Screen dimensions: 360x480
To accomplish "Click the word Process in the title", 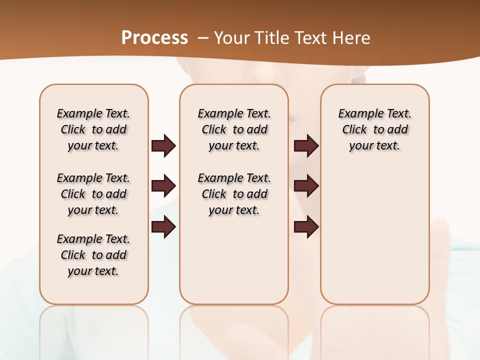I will [154, 37].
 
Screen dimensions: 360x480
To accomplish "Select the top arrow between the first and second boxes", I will [163, 145].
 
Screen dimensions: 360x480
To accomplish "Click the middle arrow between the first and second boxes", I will [163, 186].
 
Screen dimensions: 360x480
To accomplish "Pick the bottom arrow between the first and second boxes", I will [163, 226].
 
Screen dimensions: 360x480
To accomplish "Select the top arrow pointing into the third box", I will [306, 145].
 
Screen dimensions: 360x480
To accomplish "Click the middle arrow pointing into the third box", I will [306, 186].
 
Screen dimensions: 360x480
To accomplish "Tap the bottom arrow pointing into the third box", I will [306, 226].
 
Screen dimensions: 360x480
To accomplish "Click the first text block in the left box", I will [93, 129].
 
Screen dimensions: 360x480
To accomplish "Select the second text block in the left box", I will [93, 194].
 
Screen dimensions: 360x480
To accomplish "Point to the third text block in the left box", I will [93, 255].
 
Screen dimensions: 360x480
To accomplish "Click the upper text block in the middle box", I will [234, 129].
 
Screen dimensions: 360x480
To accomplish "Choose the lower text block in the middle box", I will [234, 194].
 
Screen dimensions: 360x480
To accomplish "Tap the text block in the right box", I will [375, 129].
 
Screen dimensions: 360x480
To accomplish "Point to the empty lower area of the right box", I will [375, 235].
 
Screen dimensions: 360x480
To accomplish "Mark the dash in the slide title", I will [203, 38].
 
